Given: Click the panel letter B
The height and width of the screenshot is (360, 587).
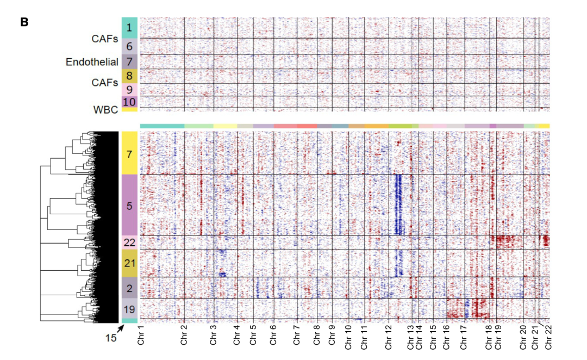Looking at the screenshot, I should [24, 22].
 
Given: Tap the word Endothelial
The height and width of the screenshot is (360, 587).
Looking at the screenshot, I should [92, 62].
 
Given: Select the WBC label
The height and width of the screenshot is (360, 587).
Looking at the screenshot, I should [107, 109].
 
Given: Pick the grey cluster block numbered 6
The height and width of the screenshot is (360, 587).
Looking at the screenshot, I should [129, 47].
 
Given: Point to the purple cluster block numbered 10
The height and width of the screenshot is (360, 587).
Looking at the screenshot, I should [129, 101].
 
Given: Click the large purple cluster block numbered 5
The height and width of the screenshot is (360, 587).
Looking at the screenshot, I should [129, 205].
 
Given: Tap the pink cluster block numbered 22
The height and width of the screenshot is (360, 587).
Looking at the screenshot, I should [129, 243].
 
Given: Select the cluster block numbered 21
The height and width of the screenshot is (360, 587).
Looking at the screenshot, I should [129, 263].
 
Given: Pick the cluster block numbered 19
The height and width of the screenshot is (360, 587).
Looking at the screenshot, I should [129, 308].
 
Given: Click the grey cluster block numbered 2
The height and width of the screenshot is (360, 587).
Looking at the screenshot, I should [129, 288].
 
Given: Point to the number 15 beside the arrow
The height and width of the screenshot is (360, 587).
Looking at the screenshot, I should [110, 338].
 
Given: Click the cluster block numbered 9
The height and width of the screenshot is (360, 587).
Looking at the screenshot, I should [129, 89].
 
